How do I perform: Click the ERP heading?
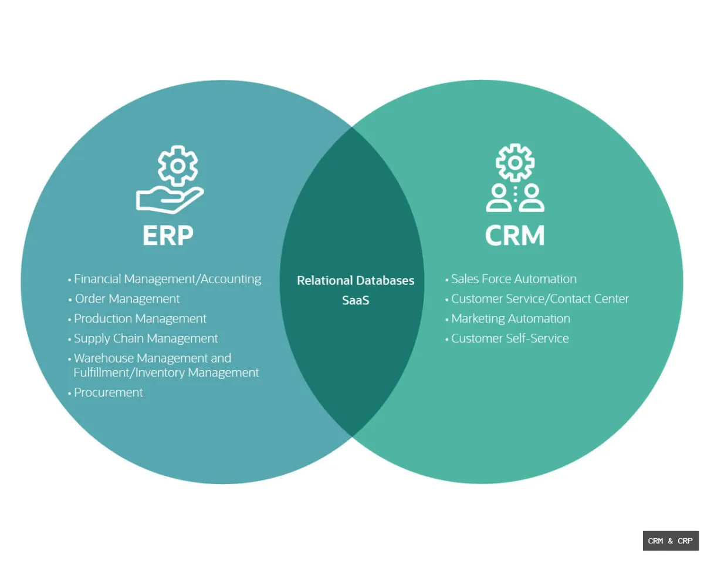[168, 236]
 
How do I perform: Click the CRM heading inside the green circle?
[515, 236]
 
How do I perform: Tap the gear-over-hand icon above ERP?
[171, 179]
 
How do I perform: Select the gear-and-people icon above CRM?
[515, 178]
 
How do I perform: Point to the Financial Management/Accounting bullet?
[167, 279]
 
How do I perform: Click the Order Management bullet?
[127, 299]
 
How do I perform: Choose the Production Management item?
[140, 319]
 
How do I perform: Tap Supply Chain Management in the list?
[145, 339]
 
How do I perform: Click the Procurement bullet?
[108, 392]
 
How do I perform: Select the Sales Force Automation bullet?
[513, 279]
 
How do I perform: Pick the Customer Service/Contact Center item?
[540, 299]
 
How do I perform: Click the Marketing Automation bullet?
[510, 319]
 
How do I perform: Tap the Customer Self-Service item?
[510, 339]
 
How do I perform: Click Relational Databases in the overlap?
[356, 281]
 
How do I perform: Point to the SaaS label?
[356, 300]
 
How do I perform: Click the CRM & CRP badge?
[670, 541]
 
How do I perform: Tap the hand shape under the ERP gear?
[169, 199]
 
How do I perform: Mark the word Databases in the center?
[385, 281]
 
